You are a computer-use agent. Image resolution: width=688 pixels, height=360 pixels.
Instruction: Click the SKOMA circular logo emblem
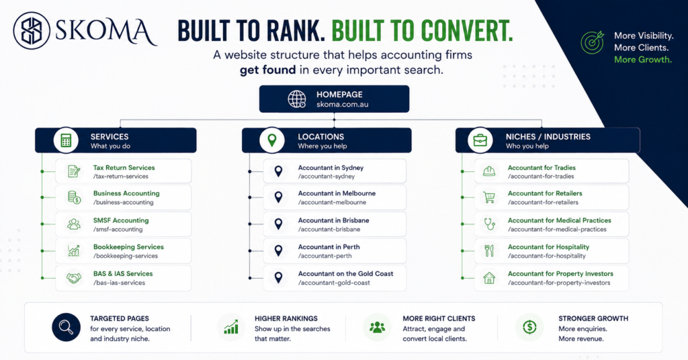(x=32, y=30)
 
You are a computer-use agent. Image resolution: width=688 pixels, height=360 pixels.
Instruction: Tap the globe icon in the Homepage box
(x=296, y=99)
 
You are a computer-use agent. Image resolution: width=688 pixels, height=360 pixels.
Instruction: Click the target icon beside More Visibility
(x=593, y=42)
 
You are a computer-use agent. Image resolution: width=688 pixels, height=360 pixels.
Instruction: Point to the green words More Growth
(x=643, y=60)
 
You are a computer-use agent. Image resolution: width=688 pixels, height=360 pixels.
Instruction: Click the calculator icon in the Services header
(x=66, y=140)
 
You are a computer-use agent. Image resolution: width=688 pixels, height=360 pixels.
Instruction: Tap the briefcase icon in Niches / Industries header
(x=480, y=140)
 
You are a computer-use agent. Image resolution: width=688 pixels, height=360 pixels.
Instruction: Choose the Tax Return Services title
(x=124, y=167)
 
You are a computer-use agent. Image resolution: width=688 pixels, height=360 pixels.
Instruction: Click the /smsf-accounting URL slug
(x=118, y=229)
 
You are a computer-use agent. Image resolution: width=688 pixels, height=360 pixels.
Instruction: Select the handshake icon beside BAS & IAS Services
(x=74, y=278)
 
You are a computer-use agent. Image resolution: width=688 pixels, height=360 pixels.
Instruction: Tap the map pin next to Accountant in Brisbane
(x=278, y=224)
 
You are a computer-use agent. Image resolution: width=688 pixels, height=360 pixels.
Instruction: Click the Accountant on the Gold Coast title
(x=345, y=273)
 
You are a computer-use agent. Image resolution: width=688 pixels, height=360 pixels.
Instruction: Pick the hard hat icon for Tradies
(x=489, y=171)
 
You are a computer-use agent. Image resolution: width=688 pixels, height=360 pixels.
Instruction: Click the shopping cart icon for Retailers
(x=489, y=197)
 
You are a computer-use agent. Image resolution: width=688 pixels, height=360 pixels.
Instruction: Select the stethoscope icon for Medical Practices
(x=489, y=224)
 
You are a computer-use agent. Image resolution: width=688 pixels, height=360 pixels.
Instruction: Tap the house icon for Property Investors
(x=489, y=278)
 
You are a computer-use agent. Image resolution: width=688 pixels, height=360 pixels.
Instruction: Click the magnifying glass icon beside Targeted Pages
(x=67, y=327)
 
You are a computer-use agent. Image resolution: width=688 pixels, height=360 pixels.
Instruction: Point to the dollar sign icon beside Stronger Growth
(x=529, y=326)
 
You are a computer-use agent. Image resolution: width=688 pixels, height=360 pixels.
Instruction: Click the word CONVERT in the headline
(x=467, y=31)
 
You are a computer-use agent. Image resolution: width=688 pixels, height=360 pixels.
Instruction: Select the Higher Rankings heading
(x=286, y=318)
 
